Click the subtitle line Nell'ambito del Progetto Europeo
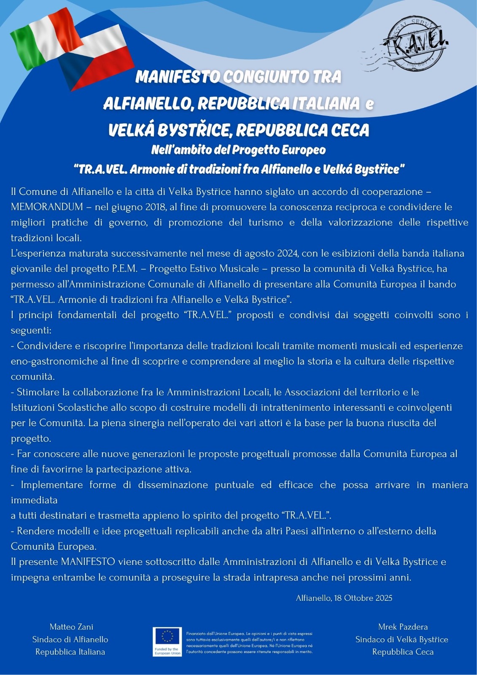tap(238, 150)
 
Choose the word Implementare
tap(51, 485)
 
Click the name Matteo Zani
tap(71, 627)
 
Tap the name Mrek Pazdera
tap(403, 627)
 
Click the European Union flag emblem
tap(167, 637)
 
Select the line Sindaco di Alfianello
tap(70, 640)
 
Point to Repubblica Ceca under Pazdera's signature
tap(403, 652)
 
